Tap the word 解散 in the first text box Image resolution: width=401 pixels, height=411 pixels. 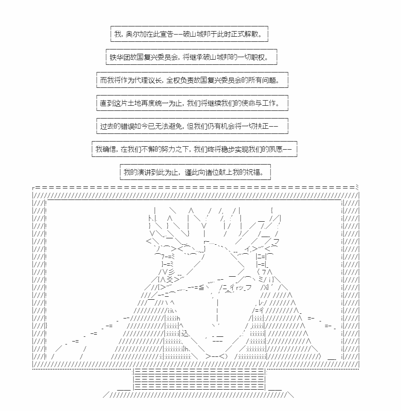251,34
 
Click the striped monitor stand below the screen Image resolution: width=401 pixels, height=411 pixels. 199,379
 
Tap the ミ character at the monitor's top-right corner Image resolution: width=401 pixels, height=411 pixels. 357,187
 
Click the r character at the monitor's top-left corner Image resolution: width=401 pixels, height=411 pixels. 33,188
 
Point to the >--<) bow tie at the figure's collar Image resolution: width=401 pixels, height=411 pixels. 217,356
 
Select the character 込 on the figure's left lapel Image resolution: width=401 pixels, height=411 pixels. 185,333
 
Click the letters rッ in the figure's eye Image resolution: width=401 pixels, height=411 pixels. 239,288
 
